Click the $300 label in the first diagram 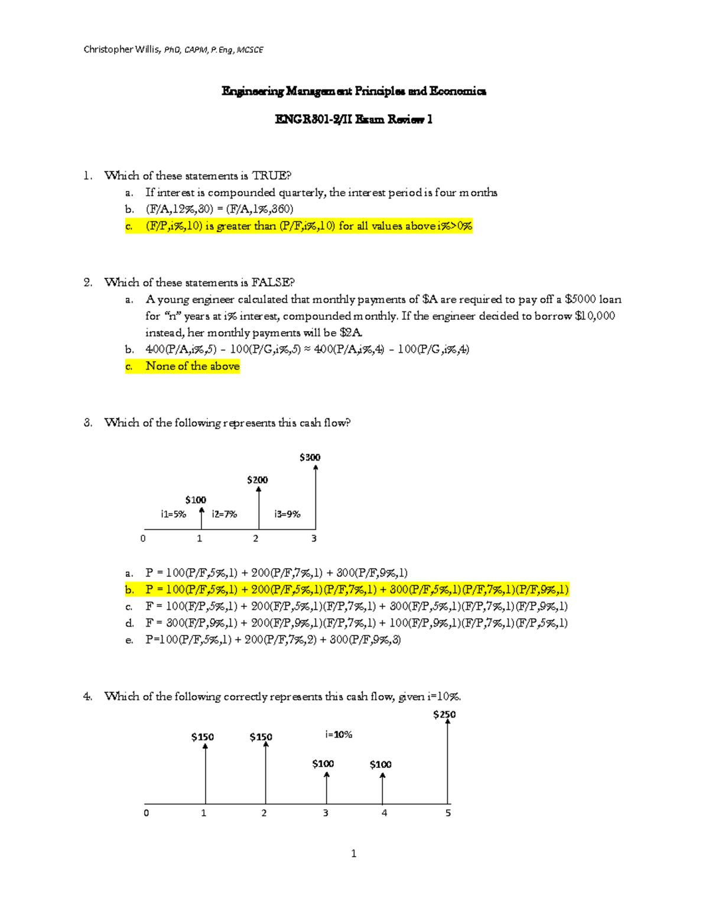pos(310,457)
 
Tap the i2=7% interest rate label pos(225,514)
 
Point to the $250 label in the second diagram pos(444,715)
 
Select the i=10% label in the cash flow pos(339,735)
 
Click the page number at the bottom pos(353,853)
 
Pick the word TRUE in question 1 pos(271,176)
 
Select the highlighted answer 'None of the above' pos(193,366)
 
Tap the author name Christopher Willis pos(121,50)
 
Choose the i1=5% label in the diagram pos(173,514)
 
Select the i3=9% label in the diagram pos(287,514)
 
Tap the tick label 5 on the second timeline pos(448,813)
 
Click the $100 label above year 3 pos(323,764)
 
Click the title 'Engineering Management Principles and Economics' pos(353,91)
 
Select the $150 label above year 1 pos(202,737)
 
